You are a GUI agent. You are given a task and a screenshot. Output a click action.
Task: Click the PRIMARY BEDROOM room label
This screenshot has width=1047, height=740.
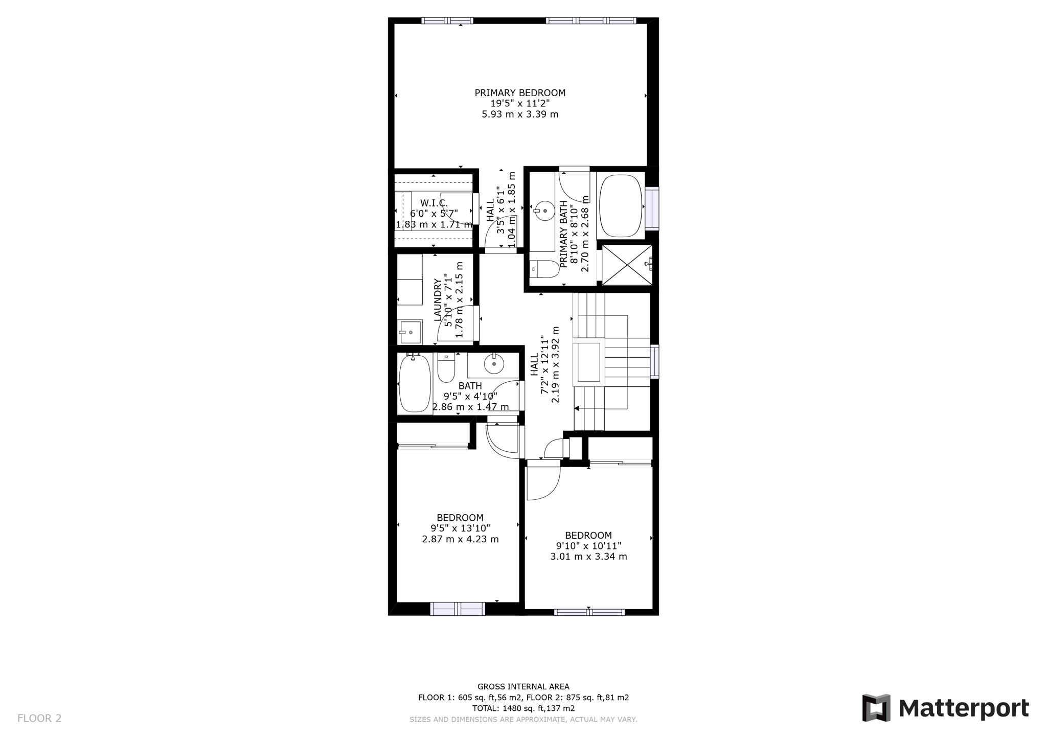[520, 93]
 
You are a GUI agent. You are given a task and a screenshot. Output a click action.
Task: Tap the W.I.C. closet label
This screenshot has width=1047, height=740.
[434, 203]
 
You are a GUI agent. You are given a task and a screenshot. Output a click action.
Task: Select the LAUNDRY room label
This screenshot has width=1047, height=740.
[438, 300]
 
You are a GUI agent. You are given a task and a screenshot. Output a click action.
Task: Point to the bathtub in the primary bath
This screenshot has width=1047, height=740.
[621, 206]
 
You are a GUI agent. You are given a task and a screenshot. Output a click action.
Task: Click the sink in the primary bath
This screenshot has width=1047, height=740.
[544, 210]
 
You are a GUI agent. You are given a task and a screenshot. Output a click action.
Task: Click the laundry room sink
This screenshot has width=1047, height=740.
[411, 332]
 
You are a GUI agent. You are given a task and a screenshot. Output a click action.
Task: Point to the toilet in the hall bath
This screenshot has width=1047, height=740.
[446, 367]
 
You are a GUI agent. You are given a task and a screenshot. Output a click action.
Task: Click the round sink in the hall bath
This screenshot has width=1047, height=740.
[494, 364]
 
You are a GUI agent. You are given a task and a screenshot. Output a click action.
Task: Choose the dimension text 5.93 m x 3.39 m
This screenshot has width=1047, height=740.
[520, 114]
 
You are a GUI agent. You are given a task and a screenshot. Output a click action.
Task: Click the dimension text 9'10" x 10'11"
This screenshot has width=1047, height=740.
[588, 546]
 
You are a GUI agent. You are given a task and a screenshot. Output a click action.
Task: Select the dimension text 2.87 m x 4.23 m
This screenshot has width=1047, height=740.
[460, 539]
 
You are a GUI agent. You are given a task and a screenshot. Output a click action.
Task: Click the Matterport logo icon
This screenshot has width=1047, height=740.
[876, 708]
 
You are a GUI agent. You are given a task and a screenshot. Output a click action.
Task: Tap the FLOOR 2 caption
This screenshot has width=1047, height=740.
[39, 719]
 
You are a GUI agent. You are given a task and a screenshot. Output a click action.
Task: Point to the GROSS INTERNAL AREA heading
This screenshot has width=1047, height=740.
[523, 687]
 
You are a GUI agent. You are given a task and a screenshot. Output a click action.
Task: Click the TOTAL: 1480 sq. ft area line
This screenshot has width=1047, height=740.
[523, 708]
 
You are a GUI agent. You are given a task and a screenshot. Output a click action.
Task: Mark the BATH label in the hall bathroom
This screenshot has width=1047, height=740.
[470, 386]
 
